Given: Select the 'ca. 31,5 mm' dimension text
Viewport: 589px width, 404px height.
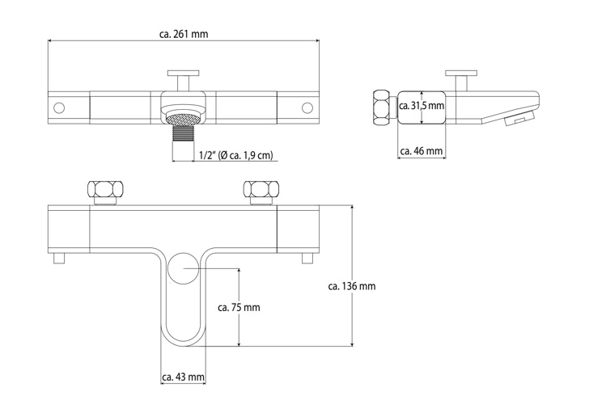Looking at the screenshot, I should pos(422,106).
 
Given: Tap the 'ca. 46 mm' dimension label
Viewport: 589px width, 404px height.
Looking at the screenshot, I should pos(422,151).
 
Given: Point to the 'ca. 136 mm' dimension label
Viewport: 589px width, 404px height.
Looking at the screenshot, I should pos(351,286).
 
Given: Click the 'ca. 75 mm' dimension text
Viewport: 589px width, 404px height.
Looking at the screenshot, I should pos(239,308).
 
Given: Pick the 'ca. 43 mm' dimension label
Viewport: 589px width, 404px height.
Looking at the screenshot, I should pos(183,377).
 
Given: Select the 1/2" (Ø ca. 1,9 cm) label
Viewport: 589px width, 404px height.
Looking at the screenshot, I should pos(235,155).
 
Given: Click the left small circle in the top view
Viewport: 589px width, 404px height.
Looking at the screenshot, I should pos(58,107).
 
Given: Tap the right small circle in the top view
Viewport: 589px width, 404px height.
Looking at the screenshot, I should pos(307,107).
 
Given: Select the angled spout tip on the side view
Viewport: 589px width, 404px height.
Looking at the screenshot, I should pos(514,120).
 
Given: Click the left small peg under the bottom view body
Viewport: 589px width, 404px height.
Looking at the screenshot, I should pos(58,259).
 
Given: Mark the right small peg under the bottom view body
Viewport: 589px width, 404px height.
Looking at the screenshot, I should pos(307,259).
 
